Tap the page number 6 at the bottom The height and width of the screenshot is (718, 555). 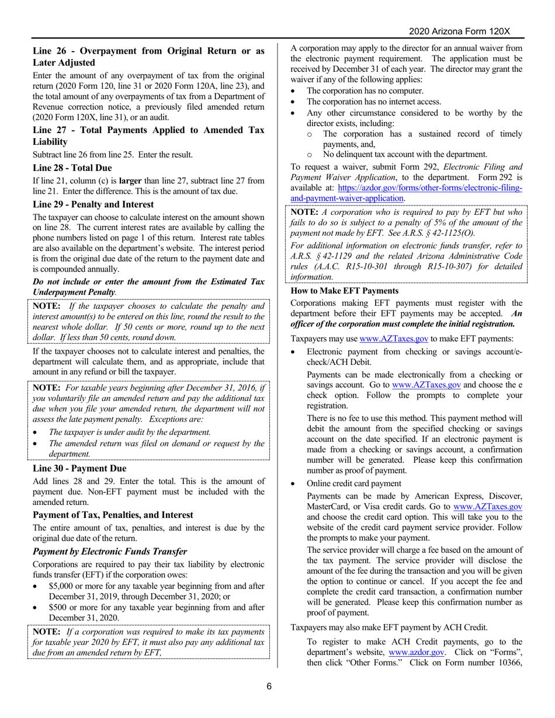coord(269,686)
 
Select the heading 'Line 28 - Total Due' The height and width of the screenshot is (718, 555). coord(72,168)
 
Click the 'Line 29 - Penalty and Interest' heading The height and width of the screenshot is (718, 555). coord(93,204)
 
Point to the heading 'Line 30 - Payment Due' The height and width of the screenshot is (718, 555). coord(79,468)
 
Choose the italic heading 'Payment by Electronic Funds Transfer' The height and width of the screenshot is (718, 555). coord(110,551)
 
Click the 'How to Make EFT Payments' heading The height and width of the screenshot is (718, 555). coord(345,291)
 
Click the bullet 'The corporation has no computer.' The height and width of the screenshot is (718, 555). coord(365,90)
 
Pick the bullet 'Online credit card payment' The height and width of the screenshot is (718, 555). coord(353,483)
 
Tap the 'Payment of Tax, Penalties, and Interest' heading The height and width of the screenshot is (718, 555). coord(113,515)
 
